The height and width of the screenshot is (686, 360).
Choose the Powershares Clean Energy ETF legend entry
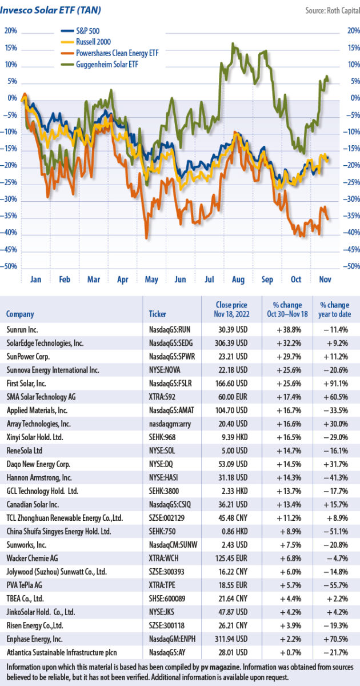tap(117, 53)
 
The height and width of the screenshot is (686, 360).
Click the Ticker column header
tap(158, 314)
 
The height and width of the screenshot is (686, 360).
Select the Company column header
tap(20, 314)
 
